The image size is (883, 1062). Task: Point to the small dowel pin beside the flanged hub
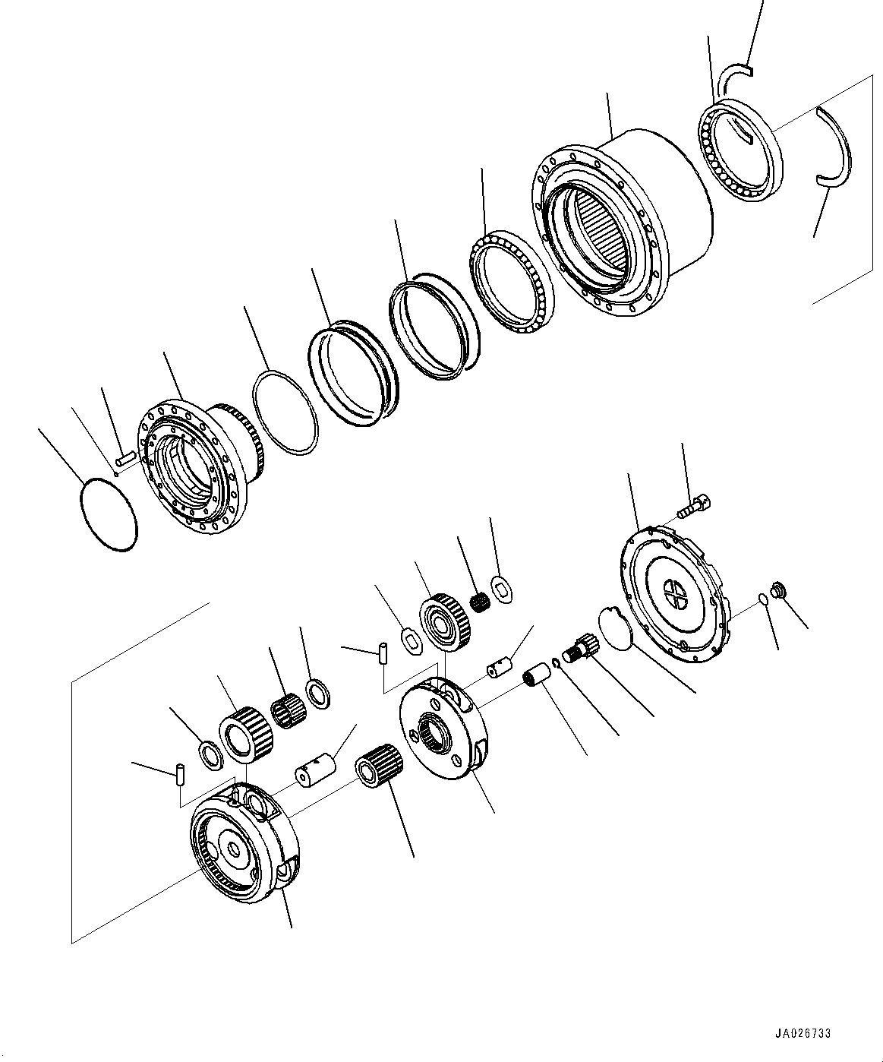point(126,457)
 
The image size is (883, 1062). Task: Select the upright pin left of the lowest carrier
point(181,775)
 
